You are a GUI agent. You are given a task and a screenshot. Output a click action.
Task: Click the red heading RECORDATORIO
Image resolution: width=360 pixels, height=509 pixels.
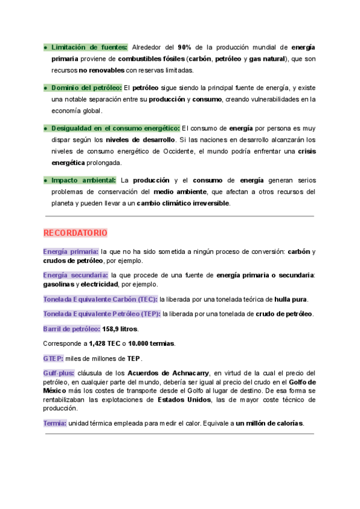coord(75,232)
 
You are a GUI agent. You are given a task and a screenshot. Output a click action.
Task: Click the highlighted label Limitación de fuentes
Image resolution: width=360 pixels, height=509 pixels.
coord(89,47)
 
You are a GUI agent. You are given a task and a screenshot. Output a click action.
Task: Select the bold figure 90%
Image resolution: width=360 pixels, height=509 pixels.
coord(184,47)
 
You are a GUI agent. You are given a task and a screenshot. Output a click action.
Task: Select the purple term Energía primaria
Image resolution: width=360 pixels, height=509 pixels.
coord(71,251)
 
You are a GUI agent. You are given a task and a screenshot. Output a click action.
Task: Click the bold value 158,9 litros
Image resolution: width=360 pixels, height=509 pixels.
coord(120,329)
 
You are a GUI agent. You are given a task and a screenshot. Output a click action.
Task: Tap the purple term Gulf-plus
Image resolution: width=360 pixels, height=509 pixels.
coord(59,373)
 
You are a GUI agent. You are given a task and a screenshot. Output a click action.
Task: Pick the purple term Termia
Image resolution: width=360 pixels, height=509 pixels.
coord(55,423)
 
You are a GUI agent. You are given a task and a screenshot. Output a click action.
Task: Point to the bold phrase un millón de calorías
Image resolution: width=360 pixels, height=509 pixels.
coord(269,423)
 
